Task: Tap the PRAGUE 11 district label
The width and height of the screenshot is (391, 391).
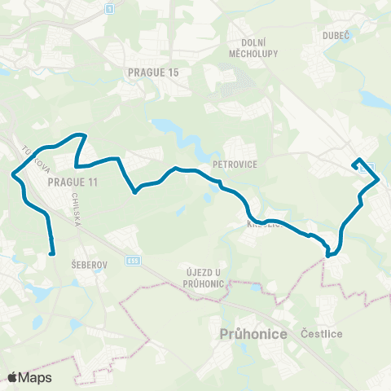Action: click(x=72, y=182)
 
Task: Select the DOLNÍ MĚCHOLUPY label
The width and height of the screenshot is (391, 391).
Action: click(x=260, y=49)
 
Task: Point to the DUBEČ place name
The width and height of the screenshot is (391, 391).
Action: click(x=335, y=36)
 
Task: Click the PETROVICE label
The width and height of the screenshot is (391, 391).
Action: click(x=235, y=163)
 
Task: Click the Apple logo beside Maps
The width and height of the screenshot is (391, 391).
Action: click(x=12, y=377)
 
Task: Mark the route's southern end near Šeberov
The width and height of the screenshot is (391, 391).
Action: click(x=51, y=253)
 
